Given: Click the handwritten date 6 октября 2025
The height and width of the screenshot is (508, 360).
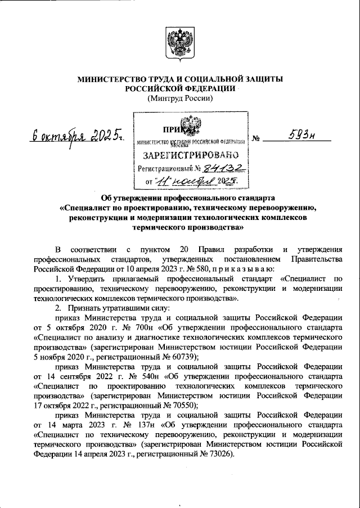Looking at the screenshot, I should coord(78,137).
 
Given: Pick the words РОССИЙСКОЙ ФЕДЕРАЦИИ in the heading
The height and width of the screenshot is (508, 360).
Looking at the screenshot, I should coord(179,89).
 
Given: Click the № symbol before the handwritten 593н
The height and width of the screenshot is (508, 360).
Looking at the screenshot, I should coord(256,137).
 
